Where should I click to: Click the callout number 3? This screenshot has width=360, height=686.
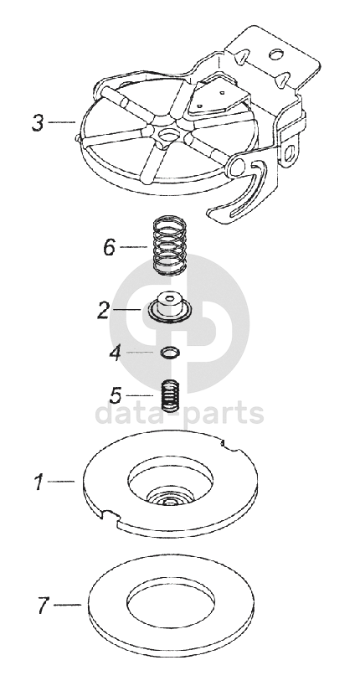pyautogui.click(x=38, y=123)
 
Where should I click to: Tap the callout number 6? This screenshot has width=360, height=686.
pyautogui.click(x=109, y=248)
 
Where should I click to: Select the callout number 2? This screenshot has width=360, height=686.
pyautogui.click(x=103, y=310)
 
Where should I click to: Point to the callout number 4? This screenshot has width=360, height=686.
pyautogui.click(x=115, y=353)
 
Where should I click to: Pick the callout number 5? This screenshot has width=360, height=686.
pyautogui.click(x=116, y=396)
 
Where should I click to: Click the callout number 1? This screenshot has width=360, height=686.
pyautogui.click(x=39, y=482)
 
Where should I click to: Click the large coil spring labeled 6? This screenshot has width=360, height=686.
pyautogui.click(x=169, y=245)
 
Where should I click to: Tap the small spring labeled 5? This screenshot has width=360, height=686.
pyautogui.click(x=171, y=395)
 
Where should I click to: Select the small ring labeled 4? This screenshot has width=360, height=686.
pyautogui.click(x=169, y=352)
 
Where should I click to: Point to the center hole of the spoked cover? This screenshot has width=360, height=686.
pyautogui.click(x=167, y=133)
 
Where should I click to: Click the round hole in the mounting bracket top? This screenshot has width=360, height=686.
pyautogui.click(x=275, y=54)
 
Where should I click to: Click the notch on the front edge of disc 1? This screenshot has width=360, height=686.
pyautogui.click(x=111, y=515)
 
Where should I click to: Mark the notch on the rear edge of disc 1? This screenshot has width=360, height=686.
pyautogui.click(x=231, y=446)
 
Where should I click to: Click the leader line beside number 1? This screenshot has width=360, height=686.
pyautogui.click(x=61, y=482)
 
